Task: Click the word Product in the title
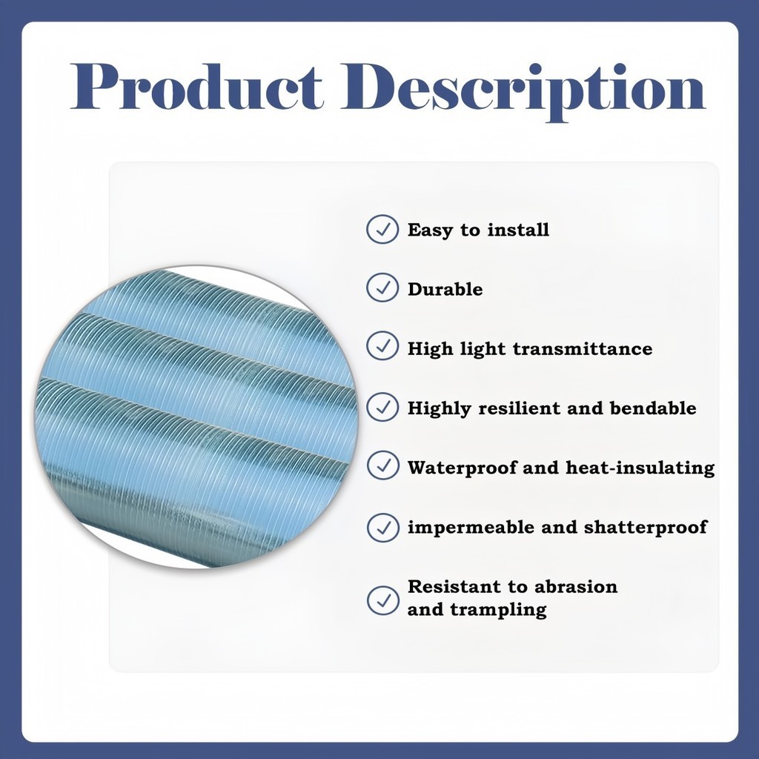click(196, 87)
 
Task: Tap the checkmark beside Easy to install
click(382, 229)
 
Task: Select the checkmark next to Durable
click(382, 288)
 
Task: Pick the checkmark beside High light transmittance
click(382, 346)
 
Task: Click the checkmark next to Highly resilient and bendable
click(382, 407)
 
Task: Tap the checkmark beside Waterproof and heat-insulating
click(383, 465)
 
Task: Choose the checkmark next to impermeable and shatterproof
click(383, 527)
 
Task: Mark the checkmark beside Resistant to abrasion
click(383, 600)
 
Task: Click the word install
click(518, 230)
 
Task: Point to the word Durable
click(445, 289)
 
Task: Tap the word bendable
click(653, 408)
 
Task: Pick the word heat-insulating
click(640, 468)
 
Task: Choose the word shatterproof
click(646, 527)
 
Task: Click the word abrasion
click(577, 587)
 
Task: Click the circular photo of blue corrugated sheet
click(196, 417)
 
